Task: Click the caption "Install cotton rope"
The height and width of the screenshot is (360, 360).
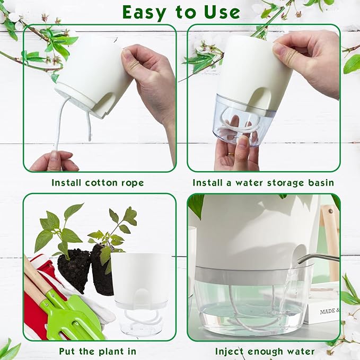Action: pyautogui.click(x=98, y=183)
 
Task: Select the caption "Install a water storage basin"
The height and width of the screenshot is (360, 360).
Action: pyautogui.click(x=263, y=183)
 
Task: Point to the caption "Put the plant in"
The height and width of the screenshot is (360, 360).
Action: pyautogui.click(x=98, y=351)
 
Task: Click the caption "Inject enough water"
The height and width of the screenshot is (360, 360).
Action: pyautogui.click(x=265, y=351)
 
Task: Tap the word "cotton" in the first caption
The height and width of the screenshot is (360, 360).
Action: pyautogui.click(x=102, y=183)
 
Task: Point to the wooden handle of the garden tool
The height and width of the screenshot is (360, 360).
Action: pyautogui.click(x=34, y=276)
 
